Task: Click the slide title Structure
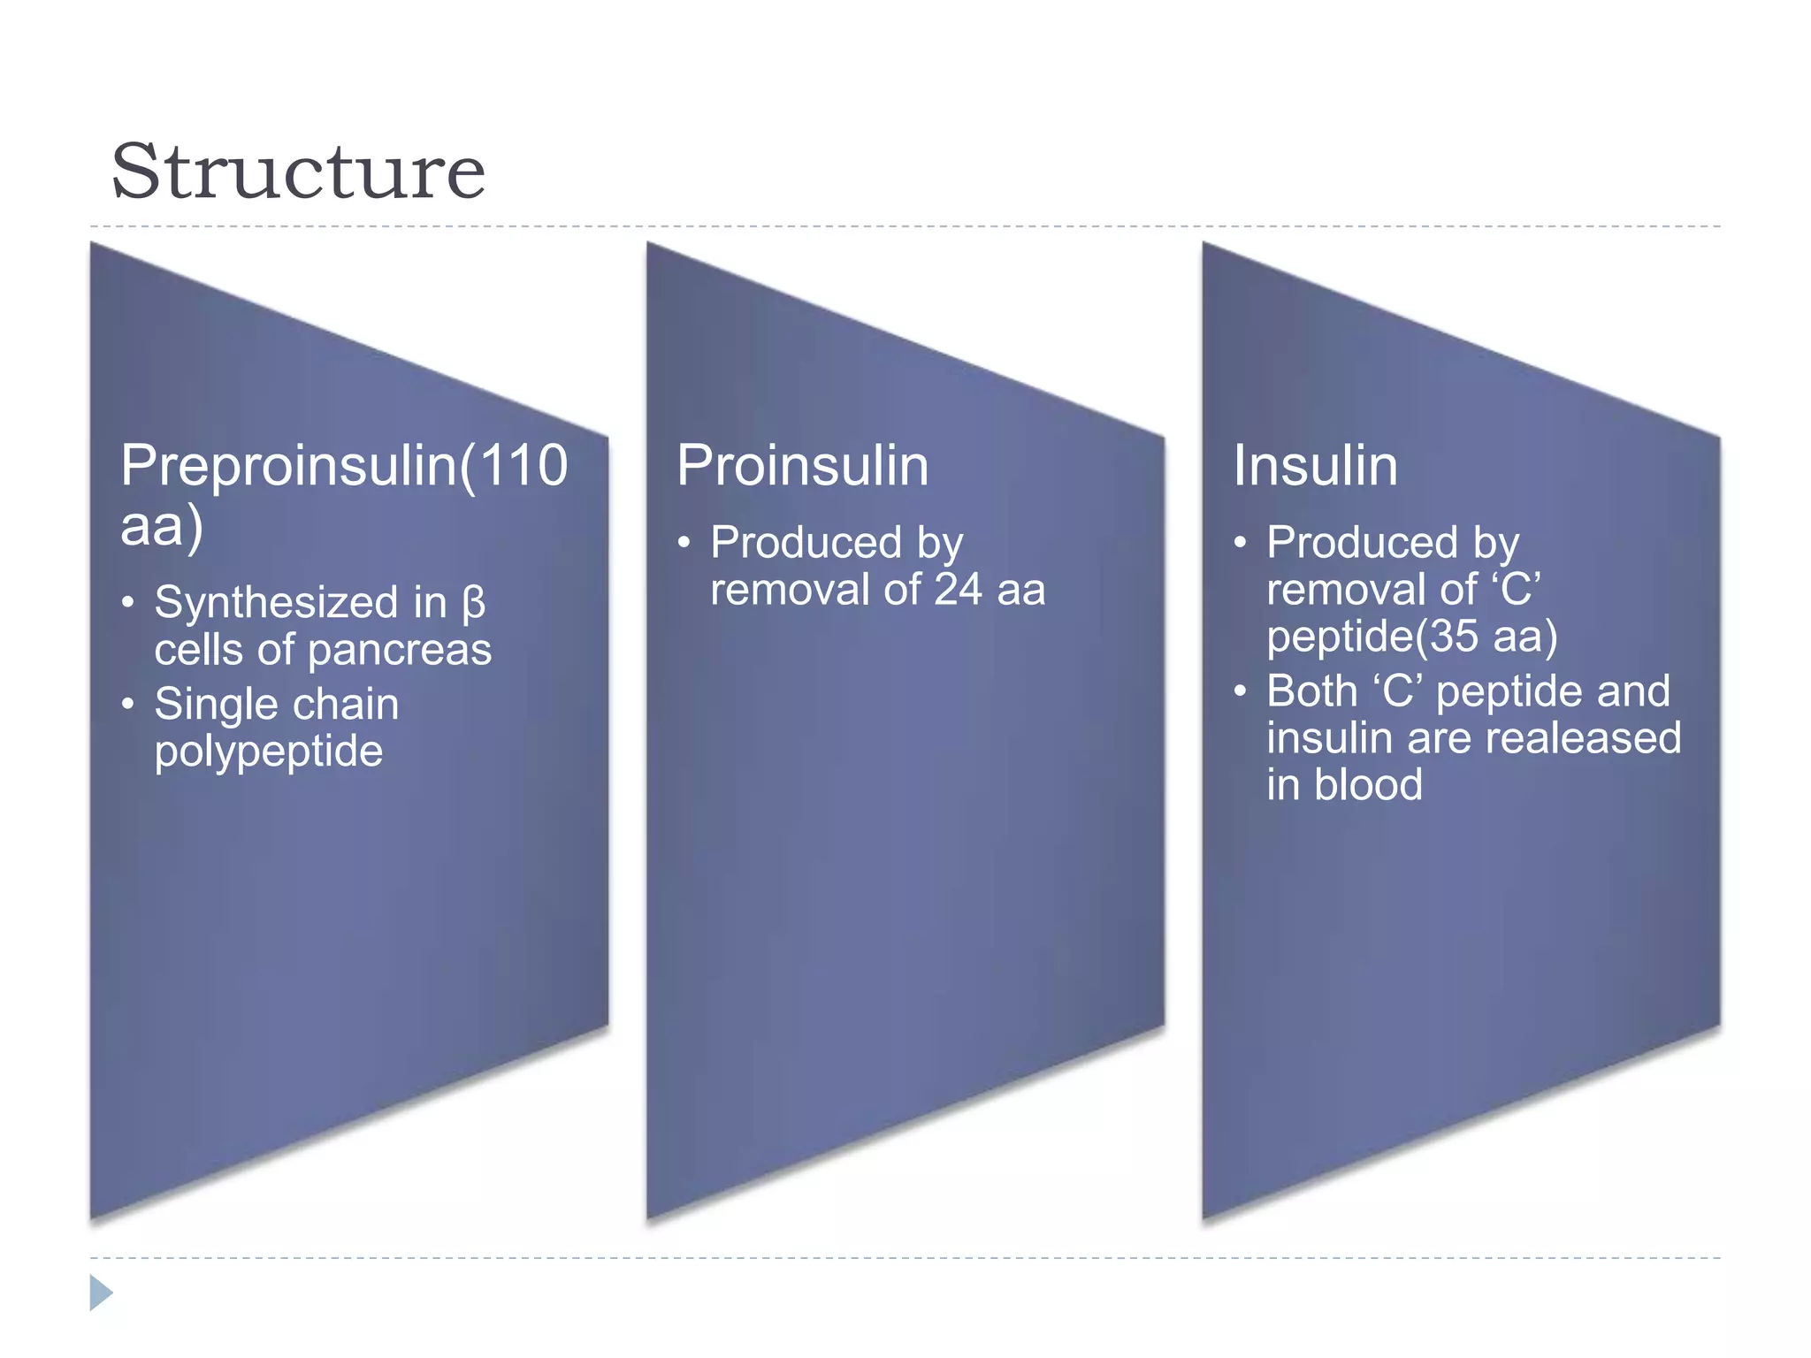pos(298,172)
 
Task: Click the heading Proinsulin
pos(802,465)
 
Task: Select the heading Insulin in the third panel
pos(1315,465)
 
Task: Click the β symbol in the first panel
pos(473,604)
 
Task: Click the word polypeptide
pos(268,752)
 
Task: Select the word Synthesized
pos(276,604)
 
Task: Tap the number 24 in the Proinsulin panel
pos(958,590)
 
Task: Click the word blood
pos(1368,785)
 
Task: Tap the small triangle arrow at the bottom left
pos(101,1293)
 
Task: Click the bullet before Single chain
pos(128,705)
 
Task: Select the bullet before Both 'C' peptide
pos(1240,690)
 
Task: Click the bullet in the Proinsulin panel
pos(684,542)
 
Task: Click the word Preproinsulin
pos(288,465)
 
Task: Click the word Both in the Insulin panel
pos(1311,690)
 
